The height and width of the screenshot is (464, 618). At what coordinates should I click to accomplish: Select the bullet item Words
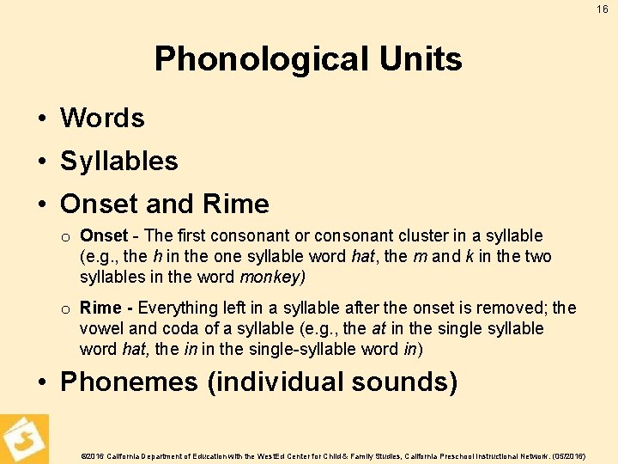click(102, 118)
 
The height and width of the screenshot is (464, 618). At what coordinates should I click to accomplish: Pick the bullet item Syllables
click(118, 161)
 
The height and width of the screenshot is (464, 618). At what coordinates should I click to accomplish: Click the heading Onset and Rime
click(164, 204)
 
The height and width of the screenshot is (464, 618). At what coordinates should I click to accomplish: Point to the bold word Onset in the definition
click(103, 235)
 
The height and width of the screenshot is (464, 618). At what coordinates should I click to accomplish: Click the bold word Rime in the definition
click(100, 308)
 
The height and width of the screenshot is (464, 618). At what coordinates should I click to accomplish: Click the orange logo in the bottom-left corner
click(24, 438)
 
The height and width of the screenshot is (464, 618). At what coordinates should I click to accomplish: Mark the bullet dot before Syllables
click(41, 162)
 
